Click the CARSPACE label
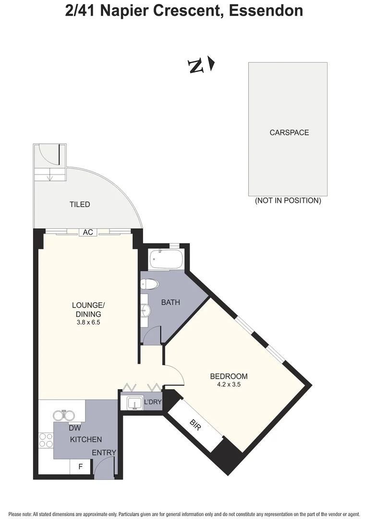click(x=289, y=133)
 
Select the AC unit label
click(x=88, y=233)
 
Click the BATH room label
click(x=170, y=302)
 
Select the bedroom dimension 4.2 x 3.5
click(x=229, y=384)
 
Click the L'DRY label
click(x=153, y=402)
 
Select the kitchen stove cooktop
click(x=46, y=441)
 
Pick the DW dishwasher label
click(x=74, y=428)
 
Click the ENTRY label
click(x=104, y=452)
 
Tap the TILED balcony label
click(x=80, y=205)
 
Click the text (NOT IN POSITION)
click(x=288, y=201)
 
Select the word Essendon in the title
click(x=266, y=11)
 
